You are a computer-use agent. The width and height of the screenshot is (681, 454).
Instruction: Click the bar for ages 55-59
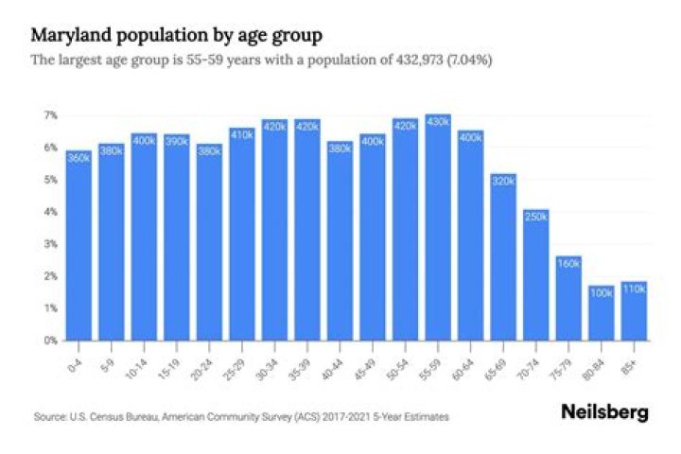point(438,227)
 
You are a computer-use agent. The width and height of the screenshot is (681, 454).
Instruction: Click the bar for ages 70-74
point(536,274)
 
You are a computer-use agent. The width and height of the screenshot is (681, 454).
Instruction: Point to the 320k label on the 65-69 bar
point(503,181)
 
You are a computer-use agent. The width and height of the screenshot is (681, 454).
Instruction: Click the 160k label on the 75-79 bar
point(569,264)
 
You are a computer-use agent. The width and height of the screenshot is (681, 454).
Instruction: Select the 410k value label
point(241,135)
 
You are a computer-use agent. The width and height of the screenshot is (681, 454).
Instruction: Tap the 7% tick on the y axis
point(50,115)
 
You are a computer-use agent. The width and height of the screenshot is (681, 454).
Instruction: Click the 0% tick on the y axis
point(50,340)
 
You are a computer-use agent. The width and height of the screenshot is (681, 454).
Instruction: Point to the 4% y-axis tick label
point(50,212)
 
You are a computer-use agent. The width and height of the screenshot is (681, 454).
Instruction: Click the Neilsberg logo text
point(606,412)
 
